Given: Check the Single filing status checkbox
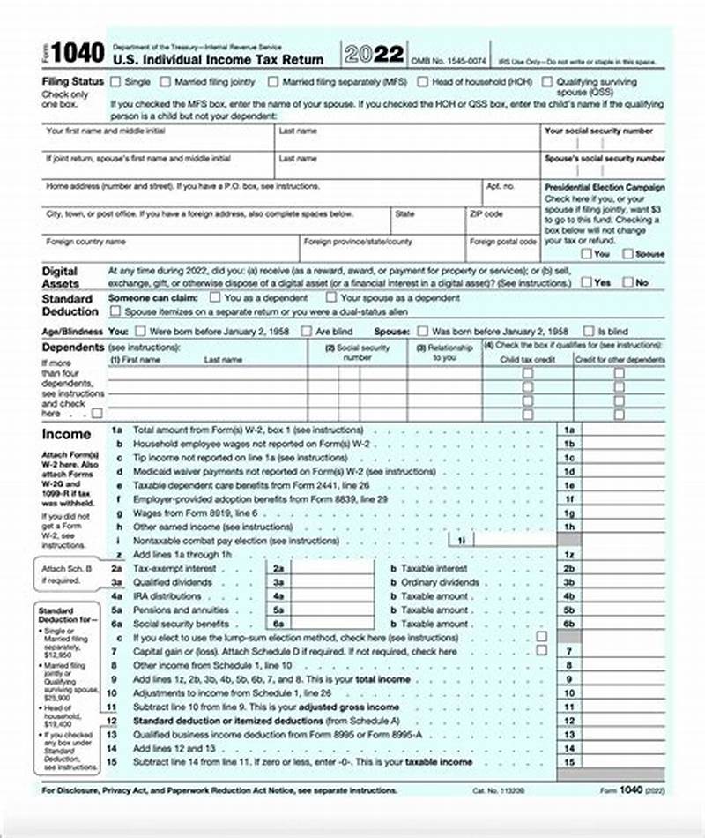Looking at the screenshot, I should click(x=115, y=81).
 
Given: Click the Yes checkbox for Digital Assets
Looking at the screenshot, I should click(x=586, y=282).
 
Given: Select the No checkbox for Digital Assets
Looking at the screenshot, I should click(x=627, y=282).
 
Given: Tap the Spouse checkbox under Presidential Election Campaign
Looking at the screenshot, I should click(x=627, y=253).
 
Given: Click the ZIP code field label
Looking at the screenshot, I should click(x=486, y=214).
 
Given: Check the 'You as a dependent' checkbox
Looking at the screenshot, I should click(x=216, y=298).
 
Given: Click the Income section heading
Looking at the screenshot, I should click(x=67, y=434).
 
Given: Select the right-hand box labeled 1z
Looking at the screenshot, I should click(x=569, y=554).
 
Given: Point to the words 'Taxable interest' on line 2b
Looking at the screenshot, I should click(x=434, y=569).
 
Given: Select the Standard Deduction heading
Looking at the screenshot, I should click(x=70, y=305).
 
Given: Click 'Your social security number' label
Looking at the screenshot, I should click(x=599, y=131).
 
